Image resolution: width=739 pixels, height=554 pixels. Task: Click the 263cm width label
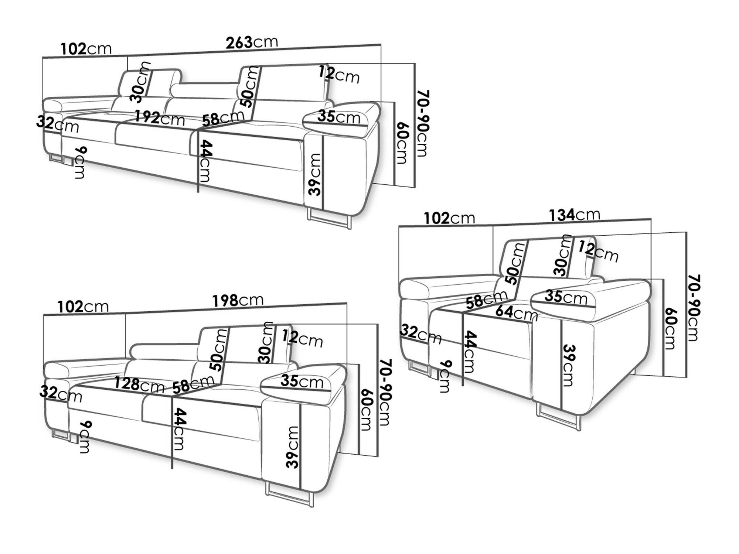[x=252, y=42]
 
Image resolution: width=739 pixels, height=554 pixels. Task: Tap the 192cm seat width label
[x=159, y=118]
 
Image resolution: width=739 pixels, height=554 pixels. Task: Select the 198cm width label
[x=238, y=300]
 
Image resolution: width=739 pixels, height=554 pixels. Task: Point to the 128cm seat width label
[x=139, y=385]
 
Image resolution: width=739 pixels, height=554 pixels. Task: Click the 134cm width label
[x=575, y=215]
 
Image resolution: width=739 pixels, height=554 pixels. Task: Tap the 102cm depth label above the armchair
[x=449, y=218]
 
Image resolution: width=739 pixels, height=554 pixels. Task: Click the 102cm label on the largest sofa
[x=86, y=48]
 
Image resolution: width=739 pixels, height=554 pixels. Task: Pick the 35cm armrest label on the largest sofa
[x=339, y=117]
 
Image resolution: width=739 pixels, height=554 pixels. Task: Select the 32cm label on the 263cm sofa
[x=58, y=124]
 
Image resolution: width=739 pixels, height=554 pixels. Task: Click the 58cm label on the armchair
[x=486, y=299]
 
